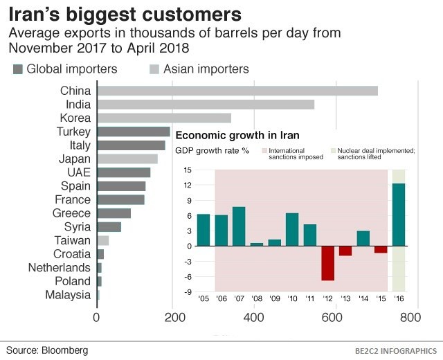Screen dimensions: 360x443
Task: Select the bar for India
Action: click(205, 105)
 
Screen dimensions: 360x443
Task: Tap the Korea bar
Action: click(163, 118)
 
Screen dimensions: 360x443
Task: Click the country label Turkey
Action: click(73, 132)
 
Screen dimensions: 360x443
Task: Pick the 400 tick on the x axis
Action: click(254, 318)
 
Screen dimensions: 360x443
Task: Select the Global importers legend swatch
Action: click(19, 69)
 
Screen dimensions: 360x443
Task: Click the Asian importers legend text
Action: click(206, 69)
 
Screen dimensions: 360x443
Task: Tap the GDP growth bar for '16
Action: click(399, 215)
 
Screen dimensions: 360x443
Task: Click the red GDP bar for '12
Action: click(327, 263)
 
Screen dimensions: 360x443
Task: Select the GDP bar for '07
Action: click(239, 226)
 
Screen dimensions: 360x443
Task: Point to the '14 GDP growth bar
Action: click(363, 238)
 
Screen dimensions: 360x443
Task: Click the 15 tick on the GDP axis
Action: click(187, 170)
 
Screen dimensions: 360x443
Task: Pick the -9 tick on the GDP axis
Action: click(187, 291)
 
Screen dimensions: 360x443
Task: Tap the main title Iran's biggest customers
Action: click(125, 15)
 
